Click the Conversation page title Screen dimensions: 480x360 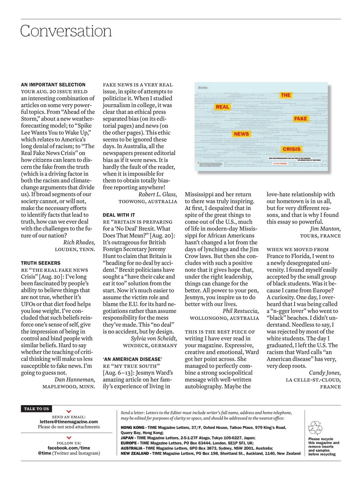pyautogui.click(x=66, y=31)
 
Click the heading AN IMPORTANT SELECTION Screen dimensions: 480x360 pyautogui.click(x=53, y=85)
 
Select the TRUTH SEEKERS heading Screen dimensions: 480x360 pyautogui.click(x=40, y=263)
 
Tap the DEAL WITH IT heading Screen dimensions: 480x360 pyautogui.click(x=119, y=215)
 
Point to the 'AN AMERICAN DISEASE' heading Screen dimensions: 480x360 pyautogui.click(x=132, y=359)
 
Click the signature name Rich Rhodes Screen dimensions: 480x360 pyautogui.click(x=79, y=243)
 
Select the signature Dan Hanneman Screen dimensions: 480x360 pyautogui.click(x=75, y=379)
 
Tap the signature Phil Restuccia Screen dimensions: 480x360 pyautogui.click(x=240, y=311)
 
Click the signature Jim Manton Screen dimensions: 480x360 pyautogui.click(x=325, y=229)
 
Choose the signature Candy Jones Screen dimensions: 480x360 pyautogui.click(x=324, y=373)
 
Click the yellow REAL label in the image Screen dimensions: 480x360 pyautogui.click(x=222, y=107)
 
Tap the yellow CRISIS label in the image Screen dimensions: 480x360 pyautogui.click(x=291, y=149)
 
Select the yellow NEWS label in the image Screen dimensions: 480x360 pyautogui.click(x=241, y=134)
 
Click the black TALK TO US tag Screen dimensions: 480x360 pyautogui.click(x=36, y=409)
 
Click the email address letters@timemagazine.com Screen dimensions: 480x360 pyautogui.click(x=69, y=421)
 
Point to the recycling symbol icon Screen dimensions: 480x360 pyautogui.click(x=315, y=428)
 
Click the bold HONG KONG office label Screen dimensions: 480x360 pyautogui.click(x=133, y=427)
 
